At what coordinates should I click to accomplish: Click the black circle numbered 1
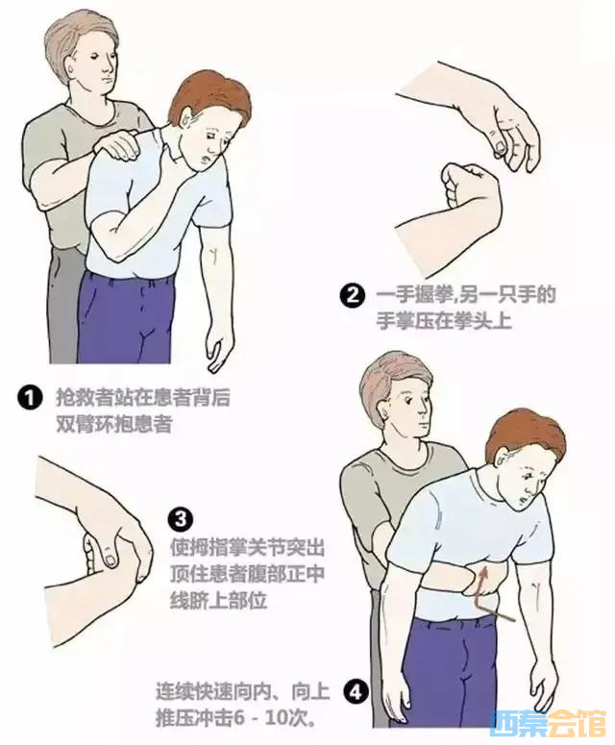tap(30, 398)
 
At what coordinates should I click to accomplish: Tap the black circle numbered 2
tap(353, 296)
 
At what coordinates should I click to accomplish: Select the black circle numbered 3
tap(181, 519)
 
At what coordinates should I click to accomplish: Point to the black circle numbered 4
tap(357, 692)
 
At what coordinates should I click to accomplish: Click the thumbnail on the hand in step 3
tap(111, 559)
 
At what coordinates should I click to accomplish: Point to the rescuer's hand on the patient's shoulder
tap(116, 146)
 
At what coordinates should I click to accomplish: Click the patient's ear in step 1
tap(186, 116)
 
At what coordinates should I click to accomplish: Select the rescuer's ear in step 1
tap(71, 71)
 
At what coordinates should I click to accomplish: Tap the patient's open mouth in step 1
tap(206, 158)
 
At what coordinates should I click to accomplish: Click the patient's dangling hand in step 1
tap(220, 347)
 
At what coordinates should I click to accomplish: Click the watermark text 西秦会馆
tap(548, 723)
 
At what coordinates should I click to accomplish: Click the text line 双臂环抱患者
tap(114, 424)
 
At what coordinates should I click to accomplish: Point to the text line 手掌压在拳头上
tap(444, 321)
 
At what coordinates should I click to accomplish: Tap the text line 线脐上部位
tap(218, 601)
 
